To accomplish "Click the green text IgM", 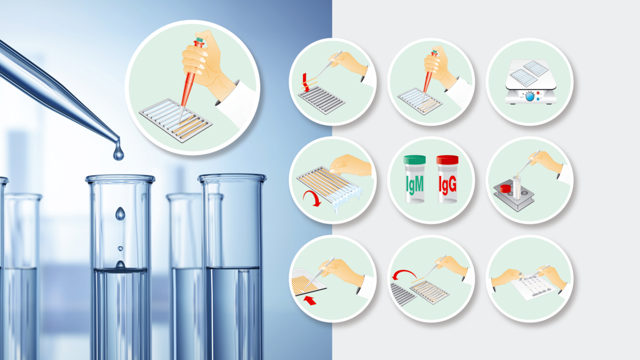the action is pos(414,185).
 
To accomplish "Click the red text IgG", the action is pos(447,185).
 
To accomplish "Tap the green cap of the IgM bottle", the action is pos(414,159).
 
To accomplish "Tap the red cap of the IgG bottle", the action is pos(447,159).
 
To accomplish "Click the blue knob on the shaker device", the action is pos(530,97).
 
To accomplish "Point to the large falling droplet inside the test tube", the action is pos(121,213).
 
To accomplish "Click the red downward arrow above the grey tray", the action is pos(306,82).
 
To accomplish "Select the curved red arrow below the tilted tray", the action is pos(313,198).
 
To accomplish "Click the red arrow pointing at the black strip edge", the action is pos(310,300).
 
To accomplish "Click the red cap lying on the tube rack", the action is pos(505,188).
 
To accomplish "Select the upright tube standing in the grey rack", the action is pos(517,187).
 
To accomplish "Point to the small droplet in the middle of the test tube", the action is pos(121,249).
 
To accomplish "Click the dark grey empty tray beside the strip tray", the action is pos(402,294).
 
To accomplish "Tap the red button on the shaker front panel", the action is pos(538,93).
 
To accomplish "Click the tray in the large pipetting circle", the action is pos(175,121).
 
